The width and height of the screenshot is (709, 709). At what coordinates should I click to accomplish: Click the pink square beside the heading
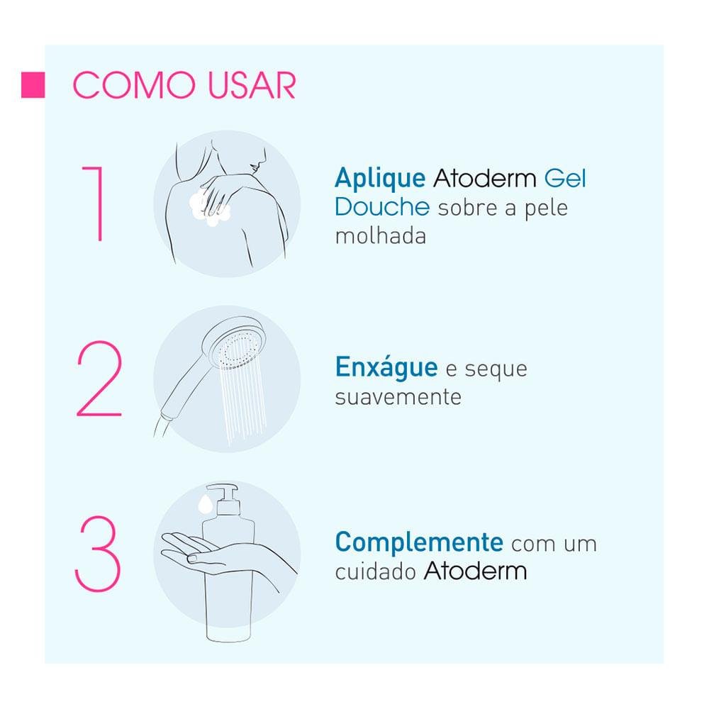(33, 85)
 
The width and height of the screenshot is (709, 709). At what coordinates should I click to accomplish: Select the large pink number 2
(99, 379)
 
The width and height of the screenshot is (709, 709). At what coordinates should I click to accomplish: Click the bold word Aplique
(380, 177)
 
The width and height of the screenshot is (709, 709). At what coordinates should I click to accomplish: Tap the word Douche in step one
(382, 207)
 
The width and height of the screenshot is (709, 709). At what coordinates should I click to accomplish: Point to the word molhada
(380, 236)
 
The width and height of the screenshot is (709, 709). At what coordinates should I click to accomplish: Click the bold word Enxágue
(386, 368)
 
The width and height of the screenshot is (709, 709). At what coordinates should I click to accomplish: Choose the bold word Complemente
(419, 542)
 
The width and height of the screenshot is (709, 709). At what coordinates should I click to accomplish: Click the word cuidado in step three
(375, 571)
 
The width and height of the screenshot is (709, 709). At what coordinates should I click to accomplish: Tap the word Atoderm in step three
(475, 571)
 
